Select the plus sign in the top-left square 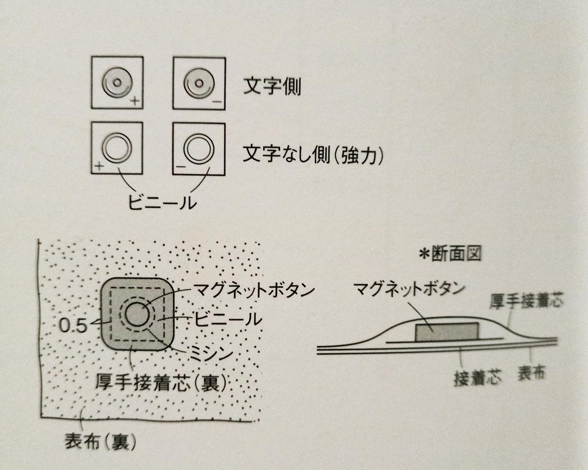tap(135, 101)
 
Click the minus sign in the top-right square tap(217, 102)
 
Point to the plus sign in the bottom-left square tap(99, 166)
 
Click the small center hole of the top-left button tap(117, 82)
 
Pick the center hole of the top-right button tap(199, 82)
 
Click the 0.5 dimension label tap(73, 326)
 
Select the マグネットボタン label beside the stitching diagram tap(253, 290)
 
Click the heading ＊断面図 tap(450, 254)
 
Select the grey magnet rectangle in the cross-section tap(447, 332)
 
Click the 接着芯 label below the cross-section tap(477, 379)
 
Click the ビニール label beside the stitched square tap(228, 319)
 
